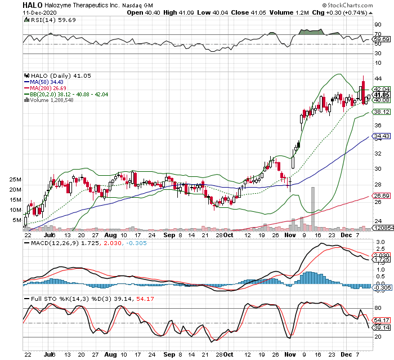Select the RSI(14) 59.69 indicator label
(x=47, y=20)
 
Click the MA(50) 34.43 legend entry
(x=50, y=82)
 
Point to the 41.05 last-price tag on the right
(x=382, y=95)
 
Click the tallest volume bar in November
(x=312, y=208)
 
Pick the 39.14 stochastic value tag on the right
(x=382, y=327)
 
